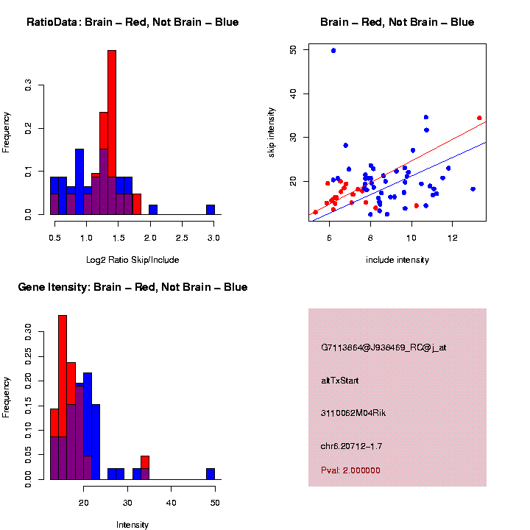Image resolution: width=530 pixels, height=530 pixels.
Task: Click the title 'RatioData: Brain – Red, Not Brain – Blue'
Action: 132,22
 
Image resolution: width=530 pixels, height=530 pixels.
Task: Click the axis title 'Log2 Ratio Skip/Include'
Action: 133,260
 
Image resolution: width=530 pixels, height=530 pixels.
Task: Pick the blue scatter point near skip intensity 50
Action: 333,51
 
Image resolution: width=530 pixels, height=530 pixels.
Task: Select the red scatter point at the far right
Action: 479,118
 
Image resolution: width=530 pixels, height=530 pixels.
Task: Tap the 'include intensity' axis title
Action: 397,260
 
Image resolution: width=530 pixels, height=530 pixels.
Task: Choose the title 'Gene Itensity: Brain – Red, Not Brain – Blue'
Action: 132,287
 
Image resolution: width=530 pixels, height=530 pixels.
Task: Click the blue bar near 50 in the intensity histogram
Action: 211,474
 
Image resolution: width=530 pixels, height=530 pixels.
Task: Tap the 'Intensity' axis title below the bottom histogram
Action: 132,525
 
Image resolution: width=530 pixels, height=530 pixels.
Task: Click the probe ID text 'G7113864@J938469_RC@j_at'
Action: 383,347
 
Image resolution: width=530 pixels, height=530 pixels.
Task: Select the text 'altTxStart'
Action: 339,381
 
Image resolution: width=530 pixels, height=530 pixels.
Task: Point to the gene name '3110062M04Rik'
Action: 353,413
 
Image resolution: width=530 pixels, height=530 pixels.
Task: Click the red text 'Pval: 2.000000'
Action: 350,470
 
